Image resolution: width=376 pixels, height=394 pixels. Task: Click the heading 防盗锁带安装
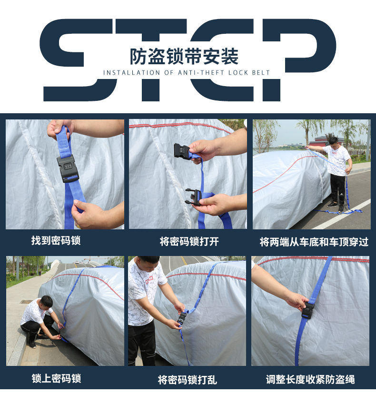[x=184, y=57]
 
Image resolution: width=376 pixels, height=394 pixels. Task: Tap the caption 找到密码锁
[x=56, y=240]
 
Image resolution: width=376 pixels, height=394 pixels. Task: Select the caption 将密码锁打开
[x=189, y=241]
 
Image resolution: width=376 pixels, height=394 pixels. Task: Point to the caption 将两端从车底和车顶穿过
[x=314, y=241]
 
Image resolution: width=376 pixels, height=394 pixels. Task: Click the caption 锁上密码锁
[x=56, y=378]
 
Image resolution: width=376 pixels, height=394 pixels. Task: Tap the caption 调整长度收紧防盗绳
[x=310, y=379]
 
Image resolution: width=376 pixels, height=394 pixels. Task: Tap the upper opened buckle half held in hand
[x=182, y=151]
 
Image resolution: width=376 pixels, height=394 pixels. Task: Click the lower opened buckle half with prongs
[x=193, y=197]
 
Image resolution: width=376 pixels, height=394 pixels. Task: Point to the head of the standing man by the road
[x=333, y=141]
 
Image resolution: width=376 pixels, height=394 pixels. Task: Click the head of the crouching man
[x=46, y=301]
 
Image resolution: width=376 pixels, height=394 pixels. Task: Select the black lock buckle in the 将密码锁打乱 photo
[x=182, y=318]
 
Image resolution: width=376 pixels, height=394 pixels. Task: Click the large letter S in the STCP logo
[x=76, y=59]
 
